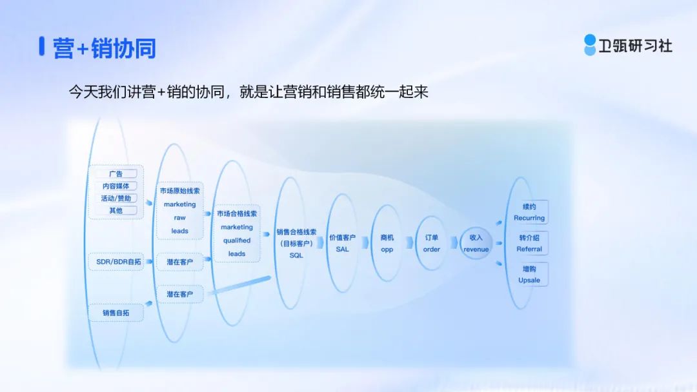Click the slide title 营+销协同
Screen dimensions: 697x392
coord(104,48)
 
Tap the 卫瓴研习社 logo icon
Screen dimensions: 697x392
coord(590,45)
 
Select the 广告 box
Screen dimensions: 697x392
coord(116,173)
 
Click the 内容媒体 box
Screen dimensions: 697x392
coord(116,186)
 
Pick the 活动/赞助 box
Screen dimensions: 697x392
coord(116,198)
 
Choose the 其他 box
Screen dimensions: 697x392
coord(116,210)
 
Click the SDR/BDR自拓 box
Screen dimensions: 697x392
coord(118,262)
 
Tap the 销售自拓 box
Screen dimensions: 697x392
coord(116,313)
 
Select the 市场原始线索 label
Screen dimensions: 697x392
coord(179,191)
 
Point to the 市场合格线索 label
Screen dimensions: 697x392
coord(236,213)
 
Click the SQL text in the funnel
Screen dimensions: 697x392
coord(296,255)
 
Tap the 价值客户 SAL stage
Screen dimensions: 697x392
coord(342,243)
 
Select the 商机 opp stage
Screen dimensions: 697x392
coord(387,243)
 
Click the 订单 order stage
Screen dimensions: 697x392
coord(431,243)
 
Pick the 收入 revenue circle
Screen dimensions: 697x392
coord(476,243)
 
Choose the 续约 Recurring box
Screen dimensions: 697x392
coord(529,211)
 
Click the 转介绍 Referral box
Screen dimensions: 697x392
coord(529,243)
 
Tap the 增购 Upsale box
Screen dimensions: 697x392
coord(529,275)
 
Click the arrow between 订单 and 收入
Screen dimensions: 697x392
coord(454,242)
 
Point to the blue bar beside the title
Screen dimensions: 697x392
coord(42,46)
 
